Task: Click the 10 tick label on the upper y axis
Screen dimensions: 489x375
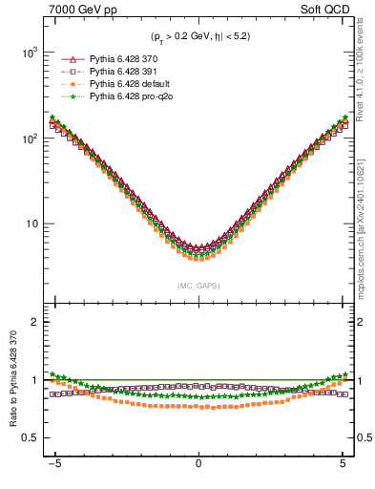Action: pyautogui.click(x=32, y=224)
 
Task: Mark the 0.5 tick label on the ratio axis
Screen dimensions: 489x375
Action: pyautogui.click(x=31, y=437)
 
